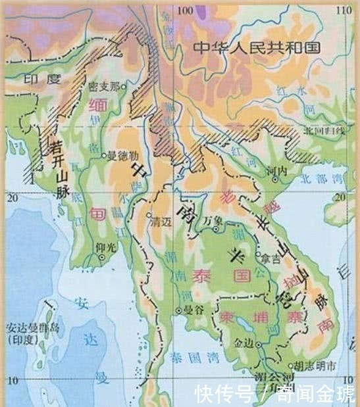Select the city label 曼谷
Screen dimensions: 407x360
(x=192, y=310)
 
